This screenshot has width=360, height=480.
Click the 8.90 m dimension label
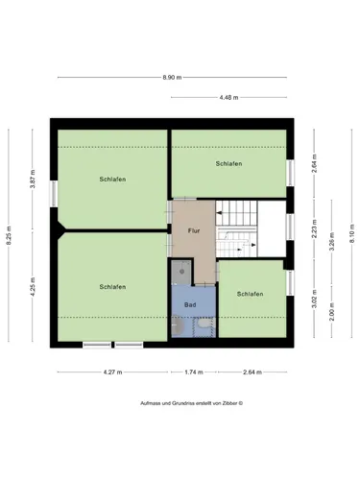(x=172, y=78)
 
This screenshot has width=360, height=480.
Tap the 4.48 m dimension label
(x=228, y=98)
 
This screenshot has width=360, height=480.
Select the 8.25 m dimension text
(x=9, y=235)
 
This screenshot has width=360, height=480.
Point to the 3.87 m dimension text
(x=33, y=180)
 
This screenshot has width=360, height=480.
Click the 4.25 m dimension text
(x=33, y=287)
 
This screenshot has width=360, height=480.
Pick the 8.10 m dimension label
(x=351, y=233)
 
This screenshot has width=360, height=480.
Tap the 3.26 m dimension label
(x=332, y=241)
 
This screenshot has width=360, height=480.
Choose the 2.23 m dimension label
(x=314, y=228)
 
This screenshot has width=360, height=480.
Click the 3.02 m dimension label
(x=314, y=299)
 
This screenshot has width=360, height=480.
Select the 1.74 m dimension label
(x=194, y=372)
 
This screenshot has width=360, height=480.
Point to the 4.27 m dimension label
(x=112, y=372)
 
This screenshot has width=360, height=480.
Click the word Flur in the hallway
(x=194, y=230)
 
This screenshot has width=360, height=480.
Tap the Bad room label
(x=190, y=305)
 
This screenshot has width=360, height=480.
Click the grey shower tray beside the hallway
(x=181, y=272)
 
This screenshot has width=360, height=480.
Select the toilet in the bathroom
(x=204, y=324)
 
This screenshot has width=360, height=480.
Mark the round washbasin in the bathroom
(x=178, y=325)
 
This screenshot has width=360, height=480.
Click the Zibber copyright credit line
(x=191, y=403)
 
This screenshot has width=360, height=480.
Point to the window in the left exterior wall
(x=54, y=194)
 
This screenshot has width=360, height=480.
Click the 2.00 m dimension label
(x=332, y=312)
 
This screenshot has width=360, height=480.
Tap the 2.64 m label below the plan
(x=252, y=372)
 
